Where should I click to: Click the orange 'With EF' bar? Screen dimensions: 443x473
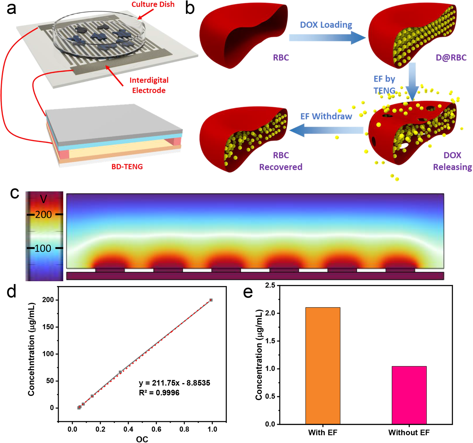coord(322,365)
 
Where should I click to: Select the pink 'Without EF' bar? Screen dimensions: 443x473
coord(409,395)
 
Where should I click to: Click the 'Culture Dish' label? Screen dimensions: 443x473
coord(153,5)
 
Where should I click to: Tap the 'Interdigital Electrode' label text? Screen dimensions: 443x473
coord(149,85)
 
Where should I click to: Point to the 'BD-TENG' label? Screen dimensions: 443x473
coord(127,166)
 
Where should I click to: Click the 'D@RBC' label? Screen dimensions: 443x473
coord(451,58)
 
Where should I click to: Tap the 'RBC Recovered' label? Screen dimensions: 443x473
coord(281,161)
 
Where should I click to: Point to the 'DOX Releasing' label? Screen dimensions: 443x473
coord(452,161)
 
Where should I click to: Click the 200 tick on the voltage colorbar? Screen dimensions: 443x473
coord(44,215)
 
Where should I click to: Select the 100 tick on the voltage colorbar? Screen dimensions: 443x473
coord(43,248)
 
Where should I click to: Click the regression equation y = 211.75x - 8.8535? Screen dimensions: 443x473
coord(174,383)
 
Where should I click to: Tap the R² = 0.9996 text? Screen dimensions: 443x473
coord(159,393)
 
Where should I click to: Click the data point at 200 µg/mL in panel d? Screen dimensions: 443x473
coord(211,300)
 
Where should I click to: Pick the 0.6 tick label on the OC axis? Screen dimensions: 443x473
coord(156,429)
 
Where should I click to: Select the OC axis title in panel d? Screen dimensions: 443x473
coord(142,439)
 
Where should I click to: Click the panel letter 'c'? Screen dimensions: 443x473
coord(15,193)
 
